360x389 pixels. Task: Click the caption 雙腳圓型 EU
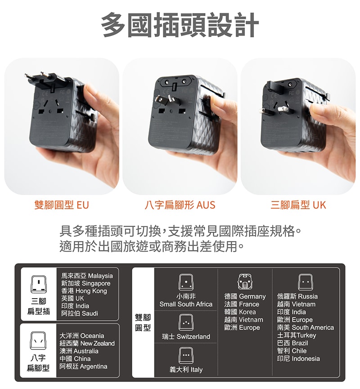pos(62,205)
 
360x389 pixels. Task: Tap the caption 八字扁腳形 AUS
pos(180,205)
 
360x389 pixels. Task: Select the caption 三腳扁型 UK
pos(298,205)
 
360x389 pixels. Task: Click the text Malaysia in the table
pos(100,275)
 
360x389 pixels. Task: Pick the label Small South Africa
pos(186,304)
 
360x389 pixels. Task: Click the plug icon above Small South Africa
pos(186,282)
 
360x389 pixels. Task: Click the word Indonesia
pos(306,358)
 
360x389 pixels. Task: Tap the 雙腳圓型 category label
pos(143,323)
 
